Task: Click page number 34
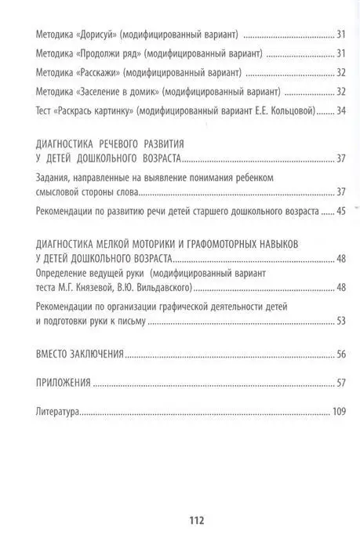tap(340, 111)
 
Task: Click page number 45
tap(340, 211)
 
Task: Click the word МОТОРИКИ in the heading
tap(154, 245)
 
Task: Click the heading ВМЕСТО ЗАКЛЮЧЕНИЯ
tap(80, 354)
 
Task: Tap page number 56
tap(340, 354)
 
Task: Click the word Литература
tap(59, 410)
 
